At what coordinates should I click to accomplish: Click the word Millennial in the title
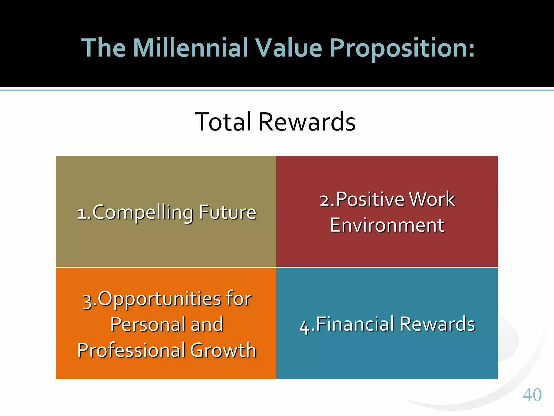coord(190,48)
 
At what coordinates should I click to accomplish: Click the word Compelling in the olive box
coord(143,213)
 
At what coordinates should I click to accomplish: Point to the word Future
coord(227,212)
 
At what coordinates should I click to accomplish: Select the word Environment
coord(387,225)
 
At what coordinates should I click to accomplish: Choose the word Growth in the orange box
coord(223,350)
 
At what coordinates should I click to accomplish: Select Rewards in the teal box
coord(437,324)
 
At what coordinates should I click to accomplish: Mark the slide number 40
coord(532,395)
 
